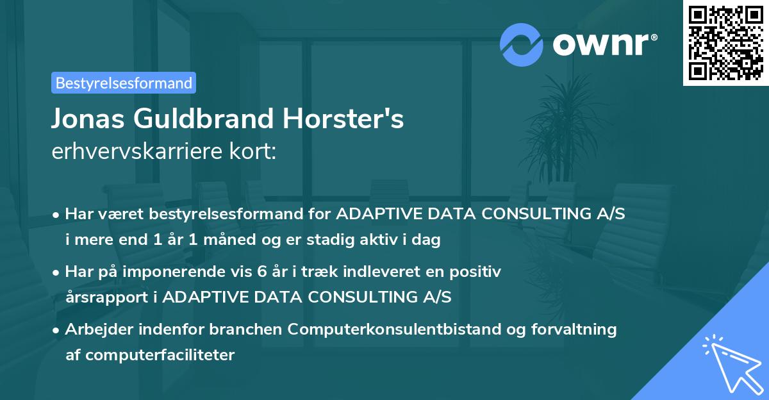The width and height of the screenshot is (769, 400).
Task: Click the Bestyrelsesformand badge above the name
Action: pos(124,83)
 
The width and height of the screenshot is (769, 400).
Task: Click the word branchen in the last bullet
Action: pos(248,329)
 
